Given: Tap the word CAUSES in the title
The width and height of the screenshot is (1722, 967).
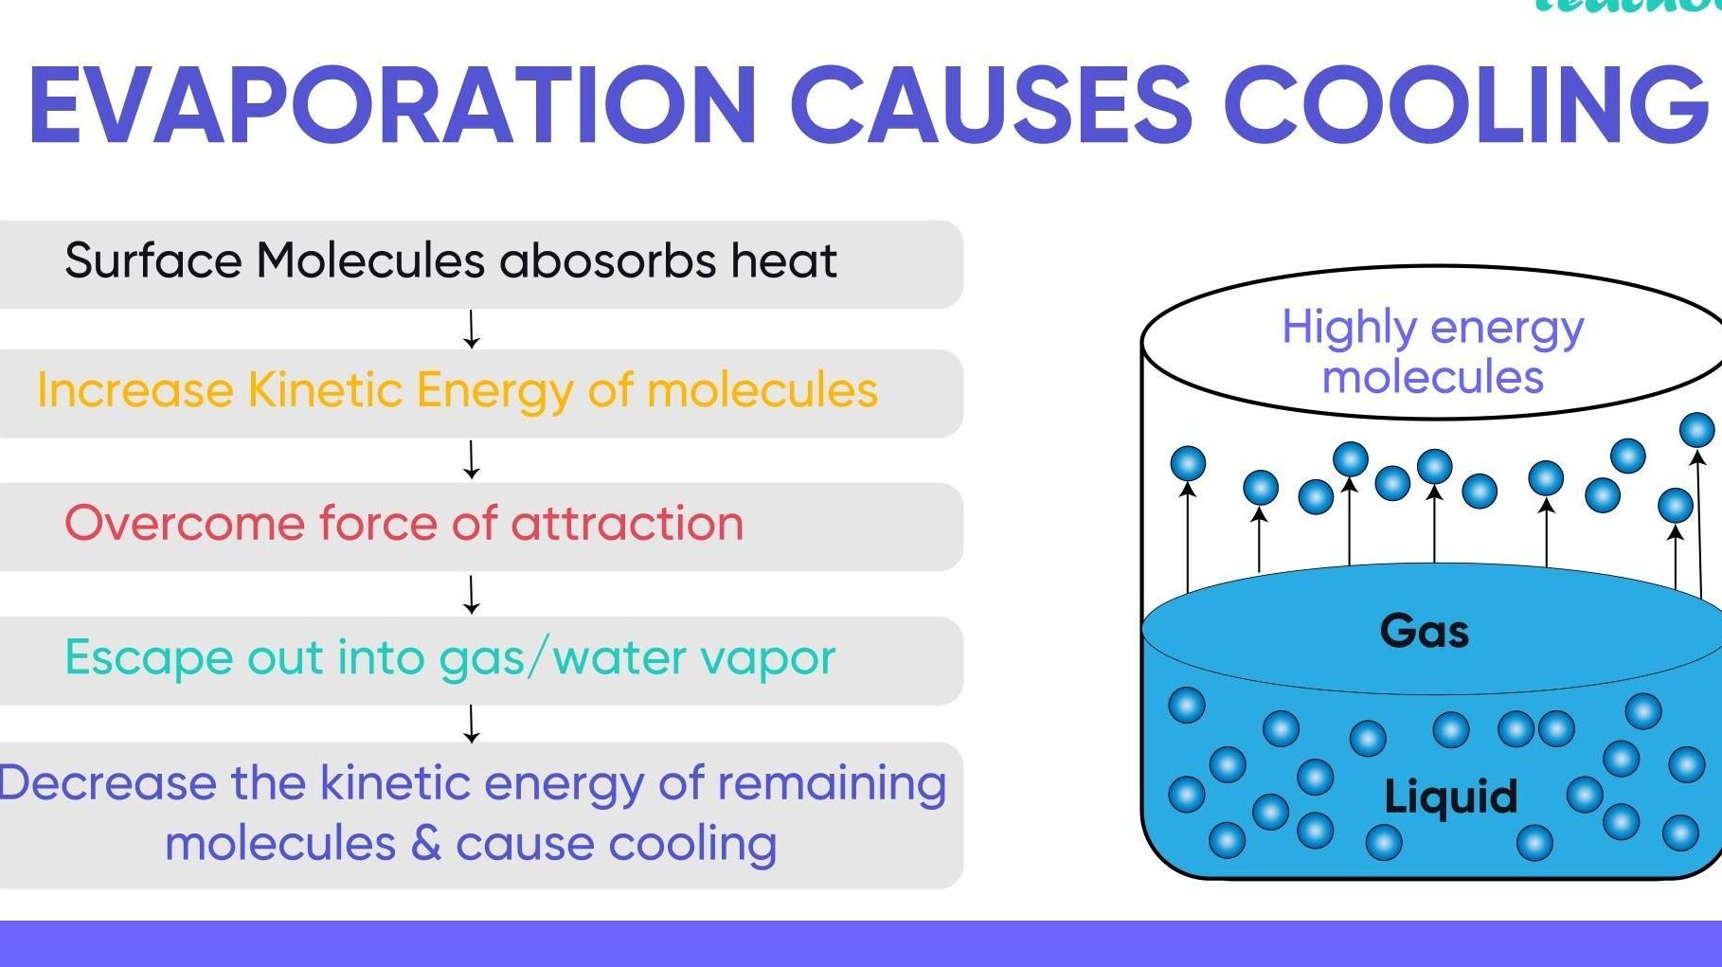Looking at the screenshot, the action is tap(991, 104).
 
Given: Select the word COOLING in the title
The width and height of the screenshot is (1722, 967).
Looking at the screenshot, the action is tap(1465, 104).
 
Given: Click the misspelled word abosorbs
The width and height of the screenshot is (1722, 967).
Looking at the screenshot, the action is tap(607, 260).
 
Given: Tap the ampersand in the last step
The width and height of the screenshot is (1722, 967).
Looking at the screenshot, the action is tap(426, 843).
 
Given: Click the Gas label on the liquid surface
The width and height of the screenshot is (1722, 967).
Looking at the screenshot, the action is tap(1425, 631).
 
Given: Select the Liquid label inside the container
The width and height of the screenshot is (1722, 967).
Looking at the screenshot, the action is tap(1450, 797).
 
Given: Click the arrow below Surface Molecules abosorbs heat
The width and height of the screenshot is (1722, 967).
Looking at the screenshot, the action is tap(471, 330).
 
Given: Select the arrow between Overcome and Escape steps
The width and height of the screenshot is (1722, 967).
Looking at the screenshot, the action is tap(471, 595).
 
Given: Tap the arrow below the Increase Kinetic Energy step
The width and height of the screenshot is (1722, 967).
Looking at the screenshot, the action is tap(471, 459).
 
